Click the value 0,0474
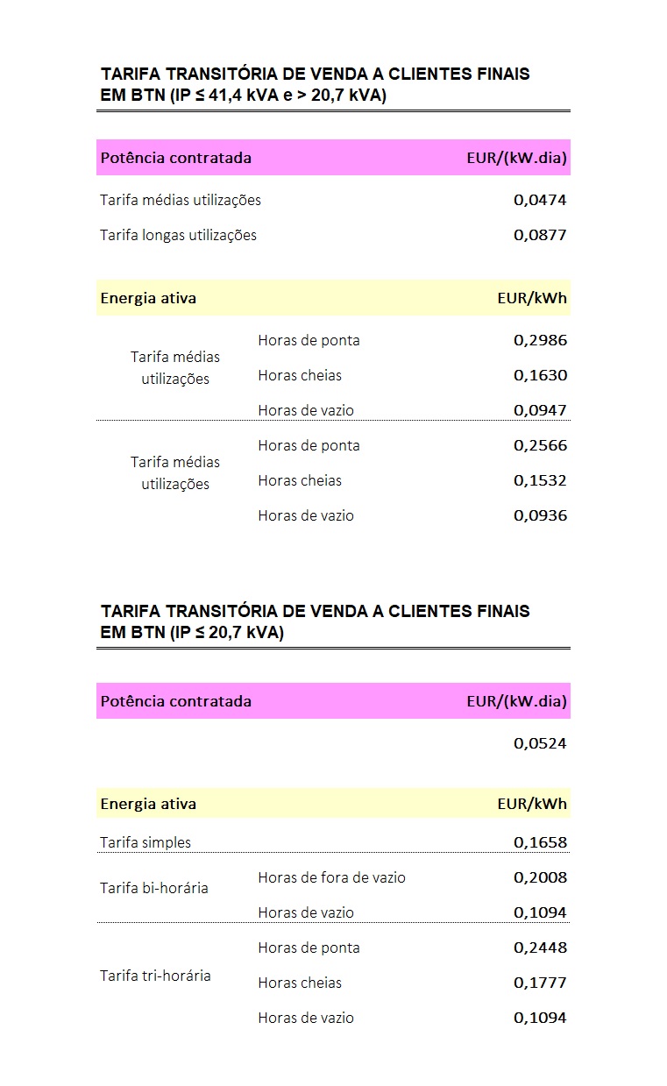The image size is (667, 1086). point(540,200)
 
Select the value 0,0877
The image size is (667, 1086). point(540,235)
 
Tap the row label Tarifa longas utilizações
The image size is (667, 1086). point(178,235)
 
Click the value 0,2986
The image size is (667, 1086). point(540,340)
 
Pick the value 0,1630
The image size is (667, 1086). point(540,375)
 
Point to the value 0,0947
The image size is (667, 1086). point(540,410)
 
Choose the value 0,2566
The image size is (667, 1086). point(540,445)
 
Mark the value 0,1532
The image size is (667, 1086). point(540,480)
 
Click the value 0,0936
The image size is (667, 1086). point(540,515)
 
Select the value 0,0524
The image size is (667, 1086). point(540,743)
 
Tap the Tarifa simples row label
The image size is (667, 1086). point(145,842)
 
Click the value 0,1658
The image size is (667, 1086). point(540,842)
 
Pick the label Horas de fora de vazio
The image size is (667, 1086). point(331,877)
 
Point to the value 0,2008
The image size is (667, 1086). point(540,877)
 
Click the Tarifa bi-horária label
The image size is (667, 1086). point(154,888)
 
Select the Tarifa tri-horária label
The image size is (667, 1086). point(155,976)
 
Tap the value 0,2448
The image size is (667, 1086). point(540,948)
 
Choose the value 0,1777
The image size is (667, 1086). point(540,983)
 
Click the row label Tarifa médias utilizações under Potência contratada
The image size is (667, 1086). point(181,200)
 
